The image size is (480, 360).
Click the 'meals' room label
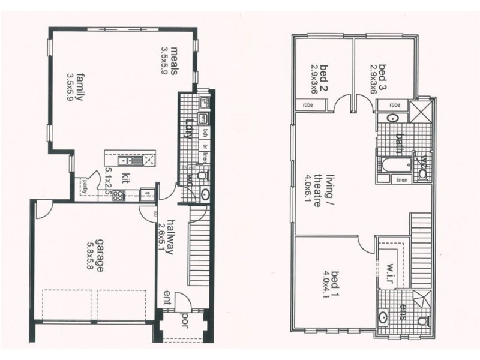point(175,60)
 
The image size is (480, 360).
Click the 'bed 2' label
point(325,74)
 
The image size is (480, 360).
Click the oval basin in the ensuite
point(384,316)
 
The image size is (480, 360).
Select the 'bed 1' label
point(325,277)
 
